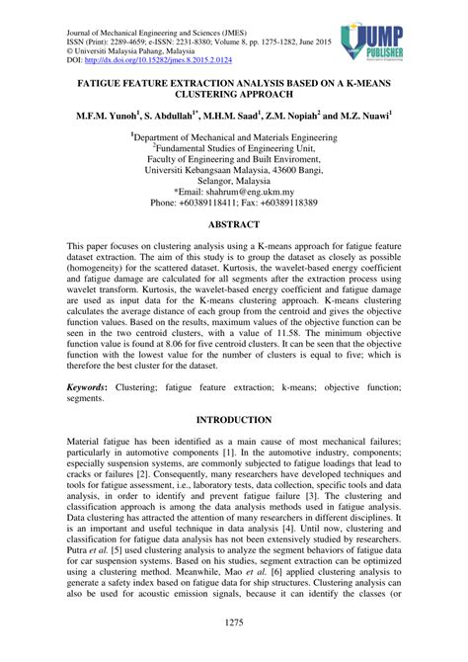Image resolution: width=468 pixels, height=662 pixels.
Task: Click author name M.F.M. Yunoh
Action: point(110,116)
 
